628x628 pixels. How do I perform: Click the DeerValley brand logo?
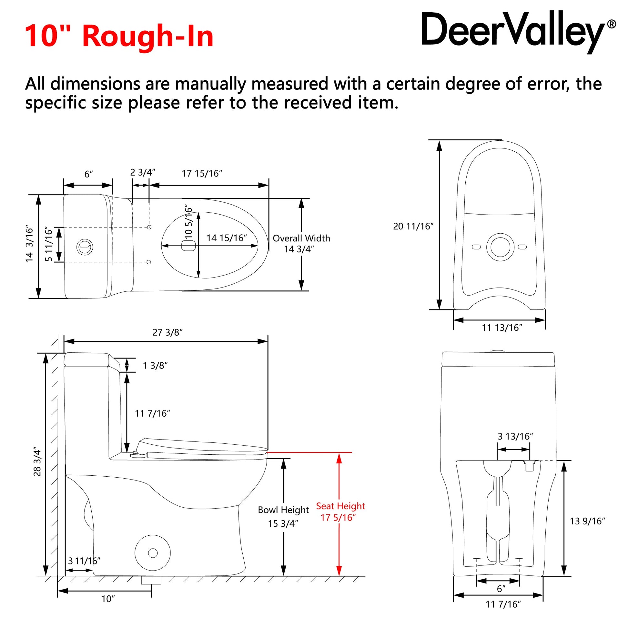click(x=518, y=33)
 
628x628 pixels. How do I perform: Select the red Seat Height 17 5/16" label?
click(x=340, y=512)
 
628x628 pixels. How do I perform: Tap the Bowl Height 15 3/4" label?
click(x=283, y=517)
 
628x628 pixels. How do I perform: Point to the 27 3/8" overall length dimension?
click(x=167, y=332)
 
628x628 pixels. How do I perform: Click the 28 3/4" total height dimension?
click(x=37, y=463)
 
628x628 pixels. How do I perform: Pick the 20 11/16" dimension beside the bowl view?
click(x=413, y=226)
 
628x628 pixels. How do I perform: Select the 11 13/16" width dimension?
click(x=502, y=328)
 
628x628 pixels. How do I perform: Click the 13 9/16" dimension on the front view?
click(x=587, y=522)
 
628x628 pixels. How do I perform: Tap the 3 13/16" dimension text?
click(x=515, y=436)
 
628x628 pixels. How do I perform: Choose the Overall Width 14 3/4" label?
click(x=301, y=243)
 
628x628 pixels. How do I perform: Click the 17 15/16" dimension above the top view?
click(x=202, y=174)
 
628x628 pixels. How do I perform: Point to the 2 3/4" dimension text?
click(x=143, y=172)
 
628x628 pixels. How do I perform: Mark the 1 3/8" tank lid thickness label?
click(x=155, y=366)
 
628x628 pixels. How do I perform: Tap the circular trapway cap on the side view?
click(x=153, y=553)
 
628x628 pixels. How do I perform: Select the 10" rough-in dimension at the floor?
click(x=108, y=599)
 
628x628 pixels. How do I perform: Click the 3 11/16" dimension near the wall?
click(x=84, y=561)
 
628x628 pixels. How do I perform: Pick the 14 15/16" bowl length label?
click(x=227, y=238)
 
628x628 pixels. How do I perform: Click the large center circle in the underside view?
click(x=501, y=247)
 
